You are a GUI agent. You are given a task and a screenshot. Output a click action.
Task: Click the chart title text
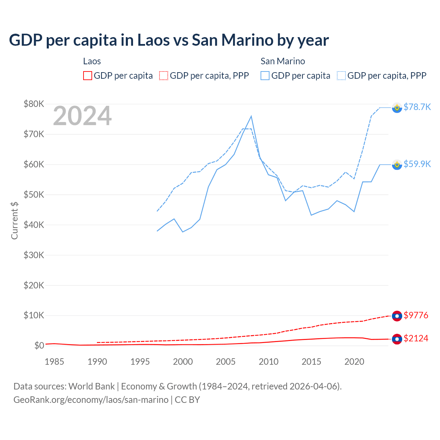coord(169,40)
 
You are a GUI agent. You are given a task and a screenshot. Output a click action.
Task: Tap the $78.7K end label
coord(417,107)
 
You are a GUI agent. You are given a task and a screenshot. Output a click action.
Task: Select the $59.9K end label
coord(417,164)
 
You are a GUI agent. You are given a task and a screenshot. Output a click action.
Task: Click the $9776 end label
coord(416,315)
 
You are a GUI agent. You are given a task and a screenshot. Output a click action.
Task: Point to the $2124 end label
coord(416,338)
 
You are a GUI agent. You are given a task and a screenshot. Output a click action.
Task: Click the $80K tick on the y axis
coord(34,104)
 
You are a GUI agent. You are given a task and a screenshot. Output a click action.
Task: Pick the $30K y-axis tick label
coord(34,255)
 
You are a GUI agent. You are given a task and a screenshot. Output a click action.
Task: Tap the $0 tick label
coord(39,345)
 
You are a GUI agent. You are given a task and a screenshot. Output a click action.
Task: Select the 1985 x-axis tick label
coord(54,362)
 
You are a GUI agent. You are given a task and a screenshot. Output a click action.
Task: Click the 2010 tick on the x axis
coord(268,362)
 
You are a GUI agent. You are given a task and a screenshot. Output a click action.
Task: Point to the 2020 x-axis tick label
coord(354,362)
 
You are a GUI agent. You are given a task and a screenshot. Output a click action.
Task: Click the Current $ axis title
coord(14,220)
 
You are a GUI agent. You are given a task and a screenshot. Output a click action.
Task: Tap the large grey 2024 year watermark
coord(82,116)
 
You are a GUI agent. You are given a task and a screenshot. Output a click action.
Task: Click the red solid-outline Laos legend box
coord(88,76)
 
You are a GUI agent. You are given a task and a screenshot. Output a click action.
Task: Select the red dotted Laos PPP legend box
coord(164,76)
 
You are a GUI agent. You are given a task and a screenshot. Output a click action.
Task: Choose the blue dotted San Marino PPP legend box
coord(341,76)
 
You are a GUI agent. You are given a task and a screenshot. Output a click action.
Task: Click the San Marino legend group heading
coord(283,61)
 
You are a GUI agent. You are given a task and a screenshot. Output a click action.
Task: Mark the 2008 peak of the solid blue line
coord(251,116)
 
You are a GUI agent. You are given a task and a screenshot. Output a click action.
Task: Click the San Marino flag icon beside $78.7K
coord(397,108)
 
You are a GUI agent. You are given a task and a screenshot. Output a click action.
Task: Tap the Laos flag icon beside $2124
coord(397,339)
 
